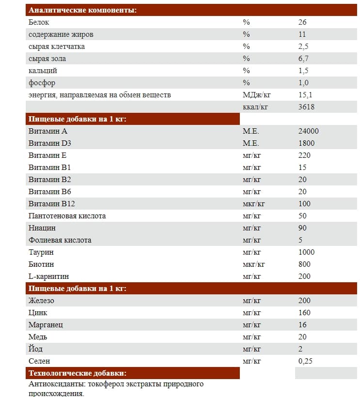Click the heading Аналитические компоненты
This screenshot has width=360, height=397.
click(82, 10)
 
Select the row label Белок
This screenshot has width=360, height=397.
click(39, 22)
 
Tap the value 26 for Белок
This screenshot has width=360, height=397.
click(303, 22)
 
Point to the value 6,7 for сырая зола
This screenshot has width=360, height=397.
click(304, 59)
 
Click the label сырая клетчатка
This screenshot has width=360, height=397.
click(57, 46)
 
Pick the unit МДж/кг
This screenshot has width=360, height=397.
click(256, 95)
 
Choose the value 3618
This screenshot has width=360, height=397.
click(306, 107)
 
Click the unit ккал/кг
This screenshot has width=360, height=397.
click(255, 107)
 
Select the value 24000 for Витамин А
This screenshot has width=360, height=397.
click(309, 131)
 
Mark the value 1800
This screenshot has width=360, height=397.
click(307, 143)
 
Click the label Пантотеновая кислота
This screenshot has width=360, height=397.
click(67, 216)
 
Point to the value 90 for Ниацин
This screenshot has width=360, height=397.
click(303, 228)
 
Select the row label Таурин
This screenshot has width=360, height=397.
click(41, 252)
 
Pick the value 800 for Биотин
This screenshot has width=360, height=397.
click(305, 264)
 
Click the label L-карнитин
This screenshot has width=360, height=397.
click(48, 276)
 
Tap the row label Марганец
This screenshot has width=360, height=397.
click(46, 325)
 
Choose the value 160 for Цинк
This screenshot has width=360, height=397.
click(305, 313)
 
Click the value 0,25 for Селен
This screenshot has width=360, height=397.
click(305, 361)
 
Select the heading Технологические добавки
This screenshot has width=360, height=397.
click(78, 373)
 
